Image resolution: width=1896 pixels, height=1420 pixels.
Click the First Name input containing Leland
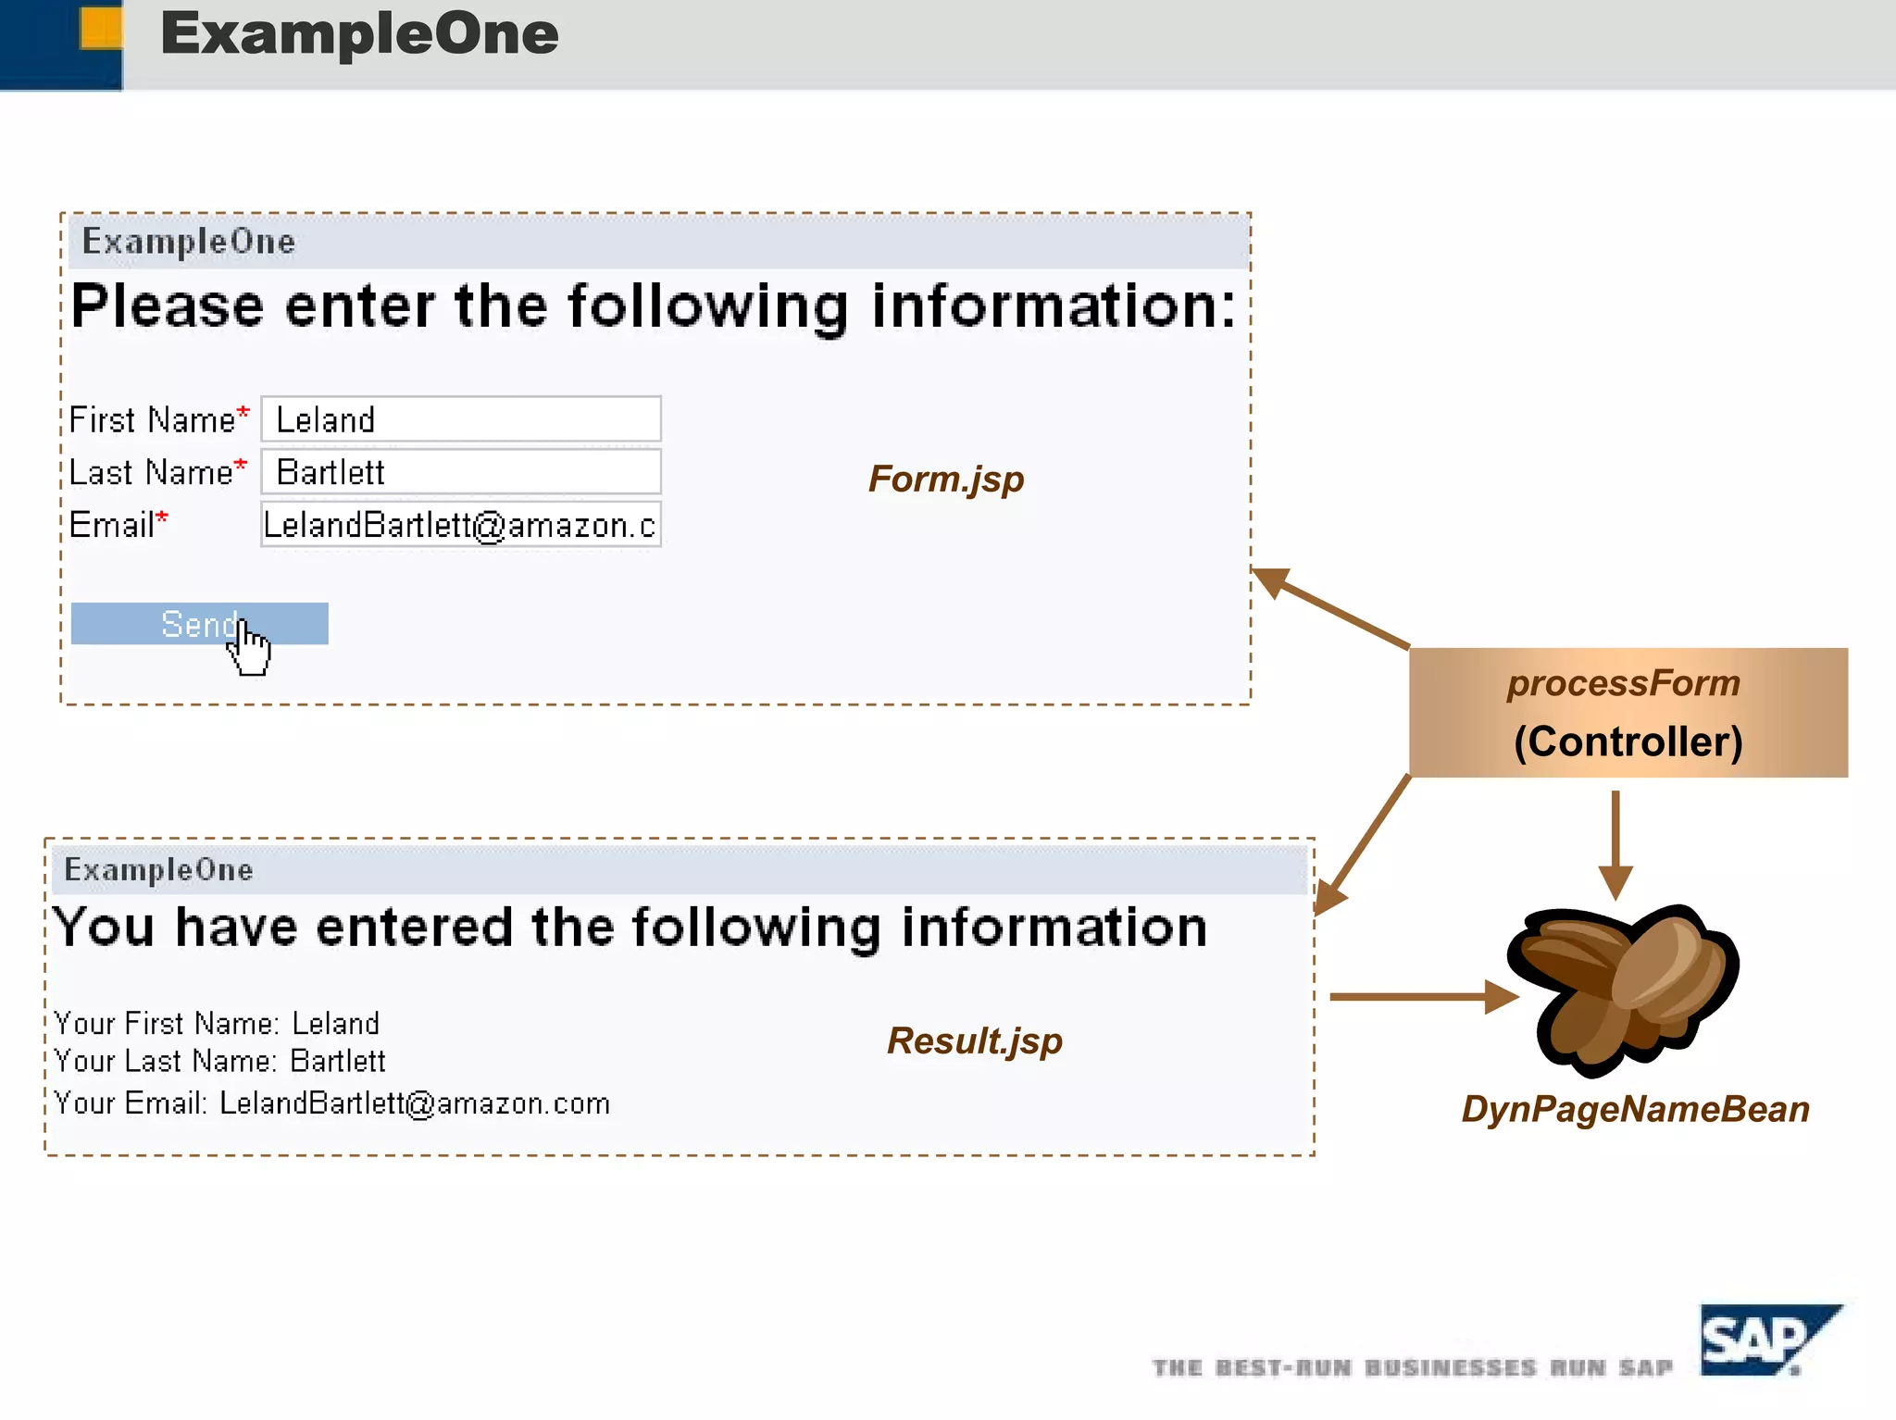pos(460,419)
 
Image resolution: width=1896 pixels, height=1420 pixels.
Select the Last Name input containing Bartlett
pos(460,472)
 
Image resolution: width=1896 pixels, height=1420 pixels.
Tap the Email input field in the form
pos(460,525)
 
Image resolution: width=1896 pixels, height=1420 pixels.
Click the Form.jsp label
pos(945,480)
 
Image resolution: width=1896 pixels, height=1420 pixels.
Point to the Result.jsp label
pos(974,1041)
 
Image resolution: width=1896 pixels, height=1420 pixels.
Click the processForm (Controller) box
pos(1628,713)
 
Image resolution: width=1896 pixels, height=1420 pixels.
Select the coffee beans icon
pos(1622,989)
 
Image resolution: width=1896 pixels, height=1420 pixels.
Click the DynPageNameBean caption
pos(1635,1109)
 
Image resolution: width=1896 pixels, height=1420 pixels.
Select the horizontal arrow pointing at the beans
pos(1421,997)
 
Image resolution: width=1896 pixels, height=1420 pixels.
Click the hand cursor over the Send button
pos(249,648)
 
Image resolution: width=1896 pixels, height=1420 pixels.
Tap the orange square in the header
pos(101,28)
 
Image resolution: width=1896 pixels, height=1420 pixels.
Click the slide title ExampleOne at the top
pos(359,33)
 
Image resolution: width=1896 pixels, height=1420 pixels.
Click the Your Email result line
pos(331,1103)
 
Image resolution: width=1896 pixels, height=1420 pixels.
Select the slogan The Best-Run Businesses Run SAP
pos(1412,1368)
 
